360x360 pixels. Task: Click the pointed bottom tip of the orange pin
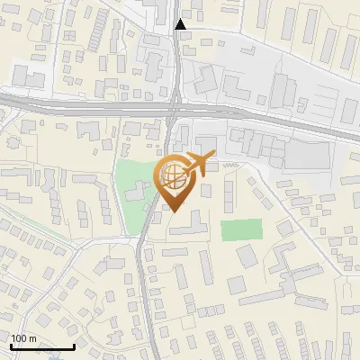tap(175, 211)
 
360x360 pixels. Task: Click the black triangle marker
tap(181, 24)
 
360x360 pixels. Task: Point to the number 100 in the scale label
tap(19, 338)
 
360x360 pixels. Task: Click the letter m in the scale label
tap(32, 338)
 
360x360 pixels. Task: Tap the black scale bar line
tap(42, 346)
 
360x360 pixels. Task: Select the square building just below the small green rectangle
tap(247, 257)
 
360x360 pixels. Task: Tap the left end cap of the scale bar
tap(11, 346)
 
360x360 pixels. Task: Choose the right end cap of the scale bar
tap(74, 346)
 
